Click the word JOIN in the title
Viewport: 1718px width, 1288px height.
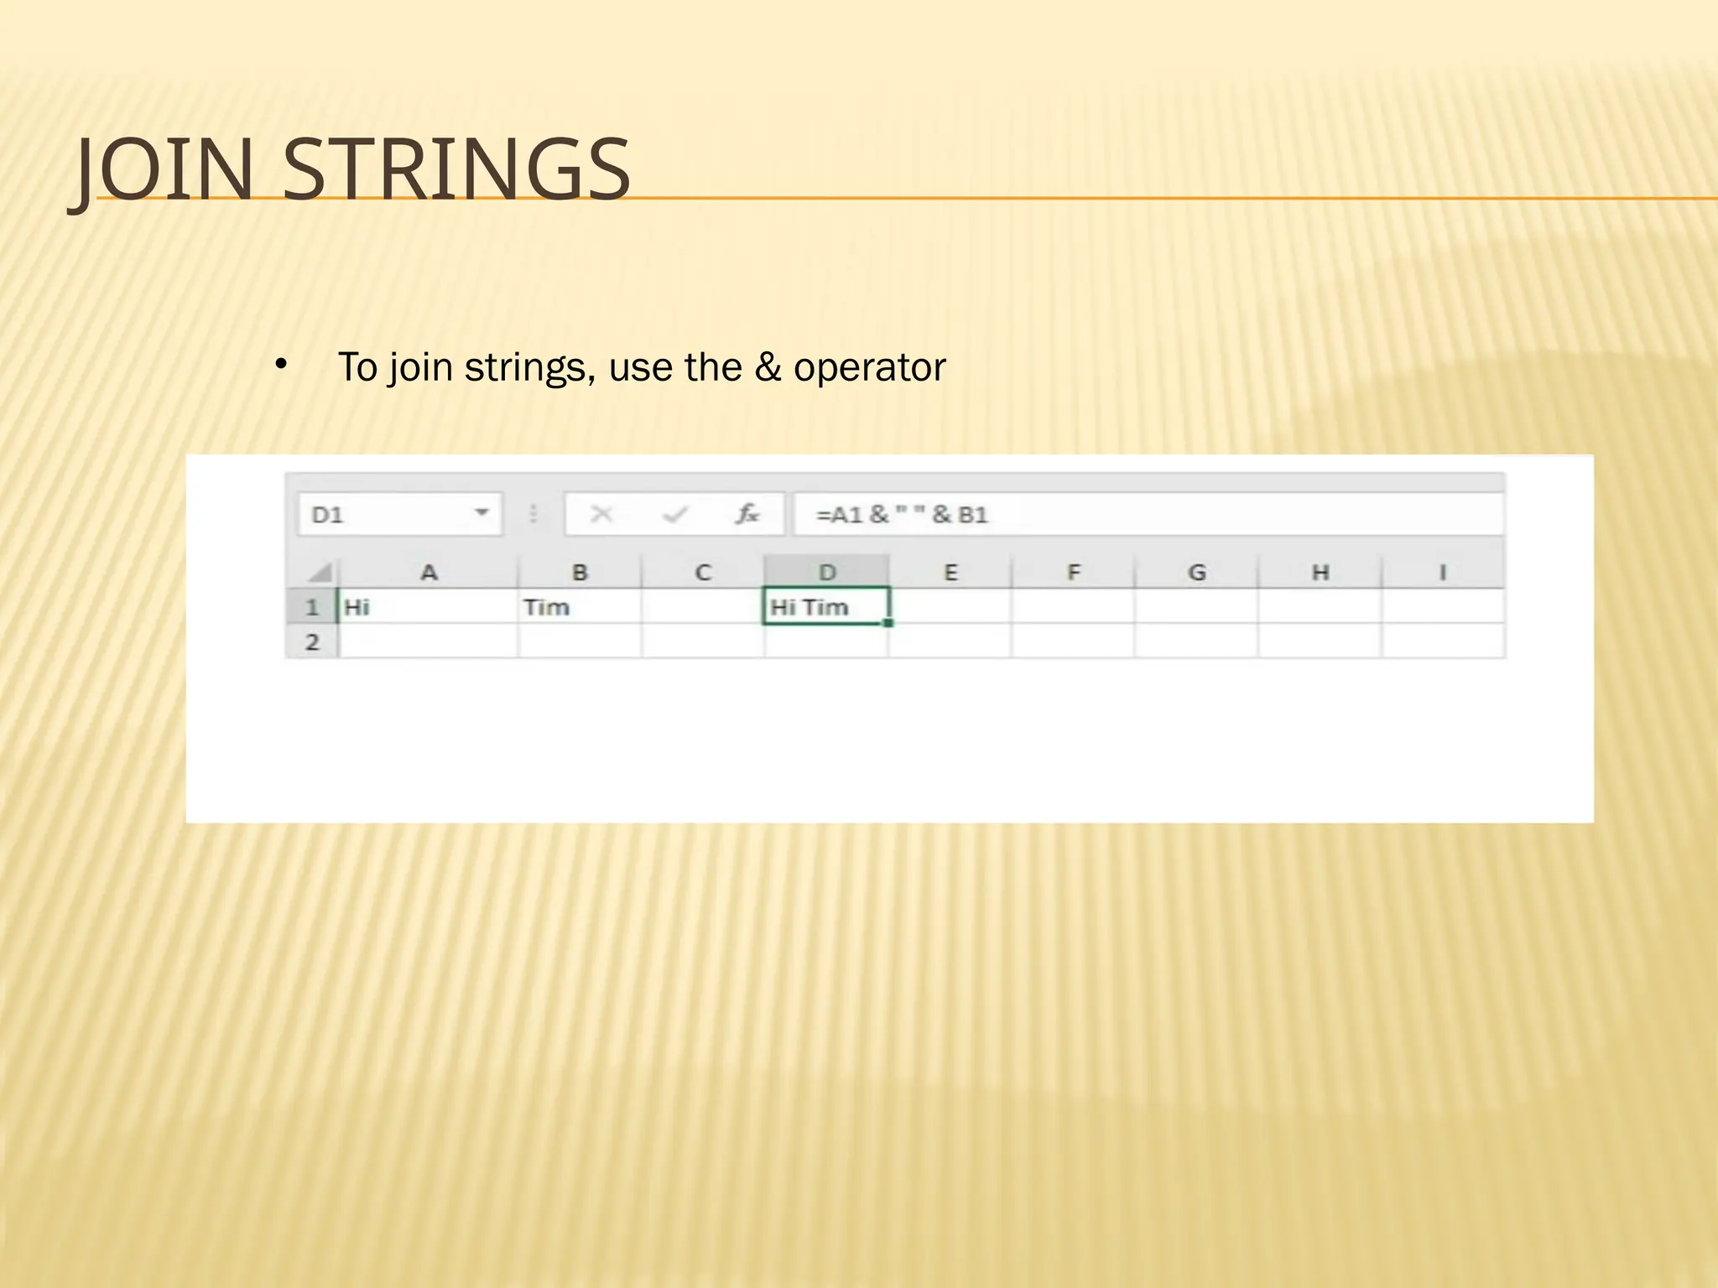click(164, 170)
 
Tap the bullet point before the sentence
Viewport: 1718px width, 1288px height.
click(281, 365)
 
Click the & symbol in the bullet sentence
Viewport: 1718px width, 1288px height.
click(768, 367)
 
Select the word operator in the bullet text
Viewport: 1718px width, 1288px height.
click(869, 367)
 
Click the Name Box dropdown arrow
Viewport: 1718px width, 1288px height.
click(482, 512)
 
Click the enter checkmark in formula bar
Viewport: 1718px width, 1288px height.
click(675, 513)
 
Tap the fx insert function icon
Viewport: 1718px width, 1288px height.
click(747, 513)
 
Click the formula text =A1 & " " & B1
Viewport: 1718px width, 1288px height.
click(902, 514)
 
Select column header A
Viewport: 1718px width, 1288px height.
click(429, 573)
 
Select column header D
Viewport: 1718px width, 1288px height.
click(827, 573)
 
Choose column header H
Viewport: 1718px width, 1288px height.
click(1320, 573)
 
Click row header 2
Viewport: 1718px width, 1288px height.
click(312, 642)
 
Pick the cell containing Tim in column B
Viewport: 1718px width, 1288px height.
click(579, 607)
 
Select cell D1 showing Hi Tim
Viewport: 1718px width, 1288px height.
click(826, 607)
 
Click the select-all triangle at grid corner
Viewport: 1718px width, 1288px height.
click(320, 573)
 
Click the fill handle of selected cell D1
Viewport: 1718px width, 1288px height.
click(888, 623)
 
